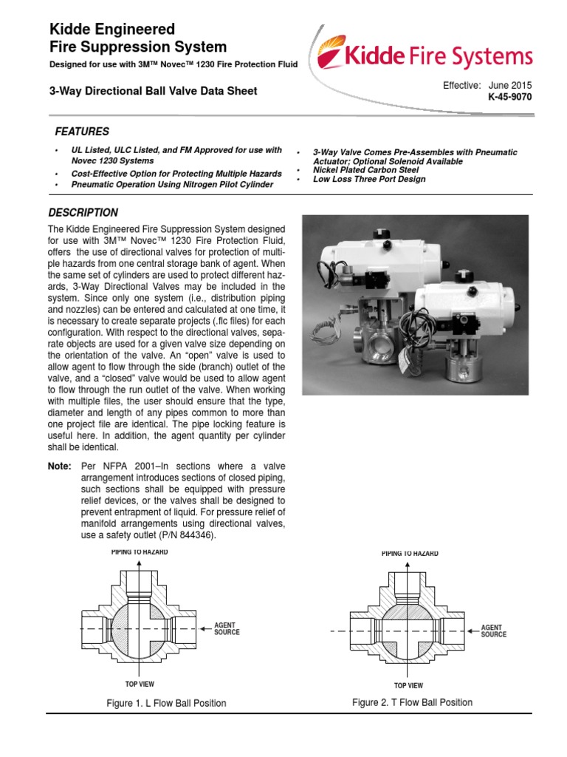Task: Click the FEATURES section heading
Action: [82, 132]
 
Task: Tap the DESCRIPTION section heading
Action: [83, 212]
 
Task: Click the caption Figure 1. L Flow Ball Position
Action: [166, 703]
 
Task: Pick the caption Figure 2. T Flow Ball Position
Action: [412, 702]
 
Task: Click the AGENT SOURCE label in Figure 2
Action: [493, 631]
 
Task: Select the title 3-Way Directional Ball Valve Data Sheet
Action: [153, 92]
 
